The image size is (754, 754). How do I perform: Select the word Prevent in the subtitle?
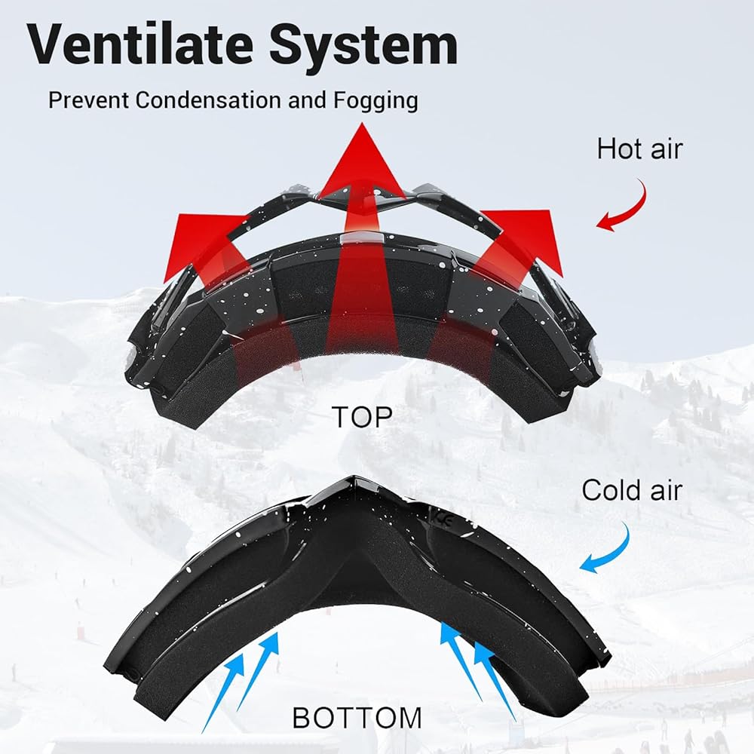[89, 100]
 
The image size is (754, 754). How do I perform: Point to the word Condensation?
[209, 100]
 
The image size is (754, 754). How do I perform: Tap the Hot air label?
[639, 149]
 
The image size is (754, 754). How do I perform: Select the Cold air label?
[632, 490]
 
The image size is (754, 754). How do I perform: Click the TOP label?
[363, 417]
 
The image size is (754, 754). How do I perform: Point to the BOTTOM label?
[357, 717]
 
